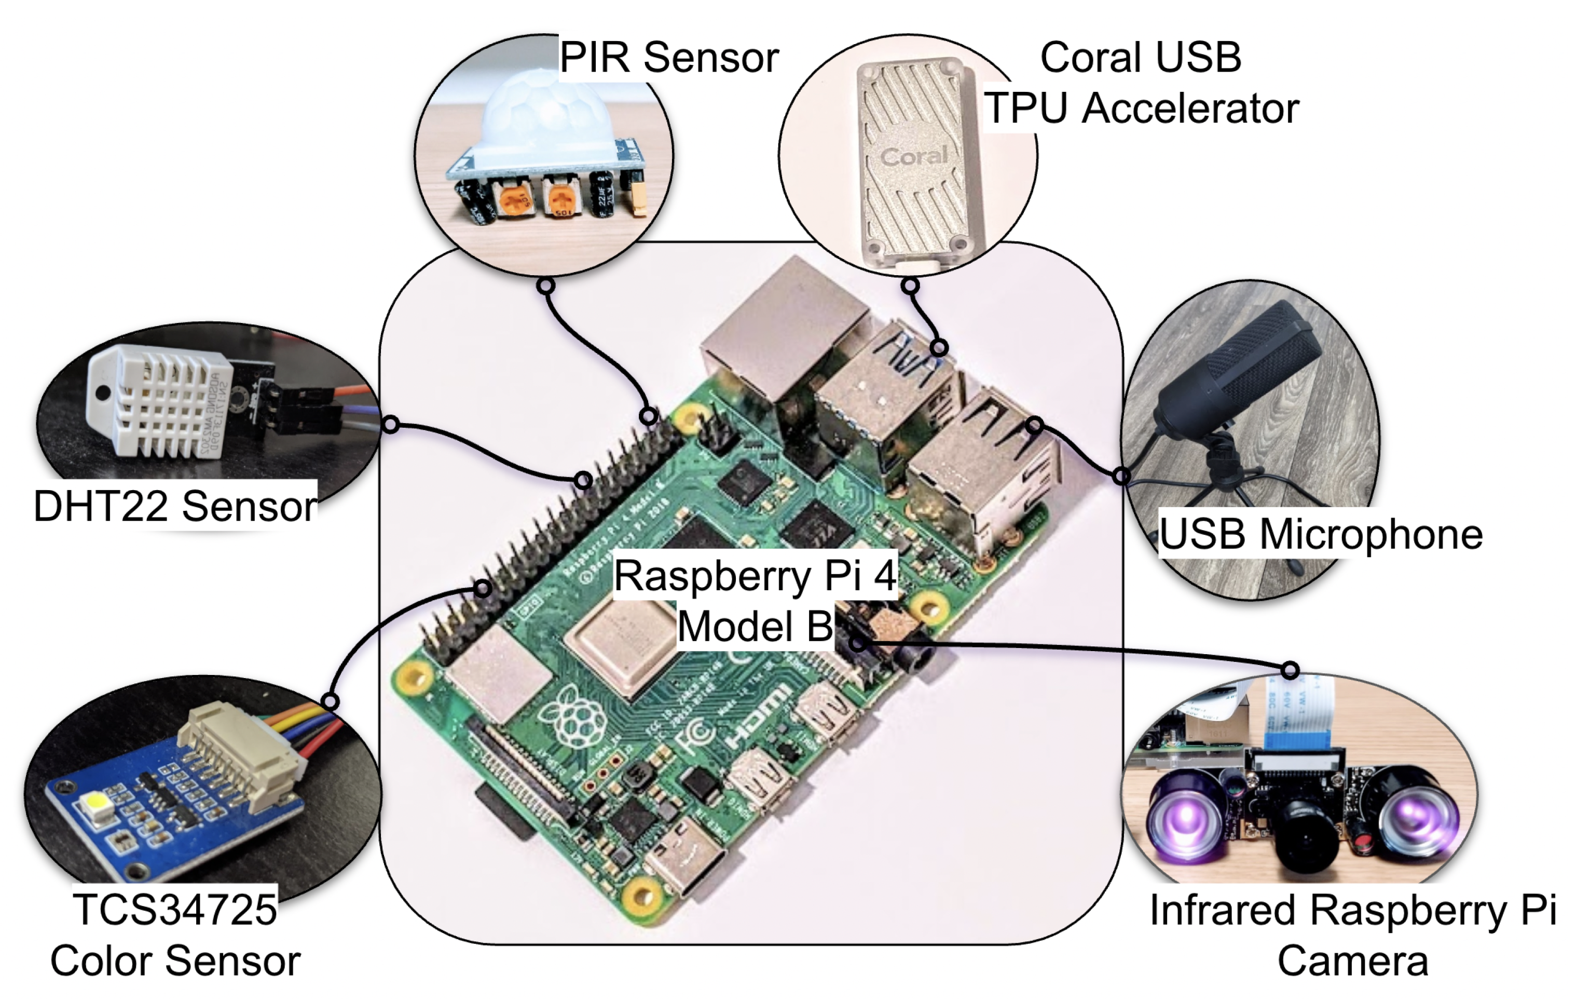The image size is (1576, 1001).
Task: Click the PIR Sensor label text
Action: [669, 58]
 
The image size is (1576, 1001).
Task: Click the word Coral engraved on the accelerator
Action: [914, 156]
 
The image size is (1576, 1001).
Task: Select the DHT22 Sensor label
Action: [175, 506]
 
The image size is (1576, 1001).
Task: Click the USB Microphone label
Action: [1320, 534]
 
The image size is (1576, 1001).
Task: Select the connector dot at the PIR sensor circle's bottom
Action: [546, 286]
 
